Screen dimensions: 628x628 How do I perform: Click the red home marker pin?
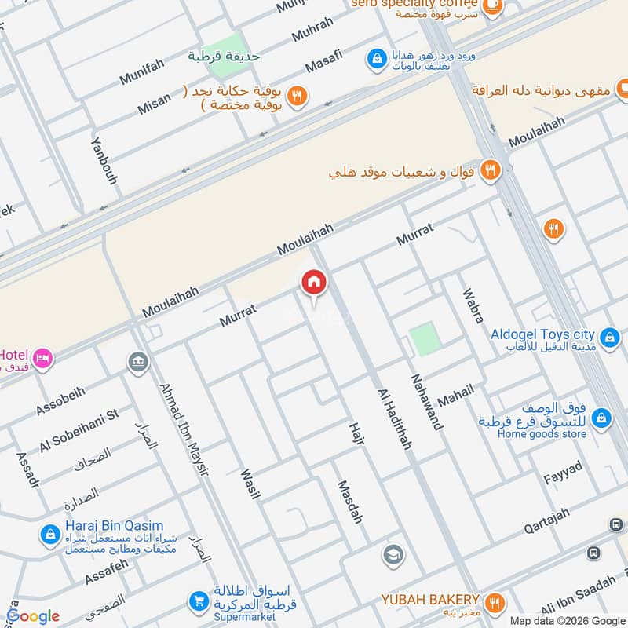314,283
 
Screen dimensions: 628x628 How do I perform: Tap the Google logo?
33,616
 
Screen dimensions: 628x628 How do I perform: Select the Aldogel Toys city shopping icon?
607,335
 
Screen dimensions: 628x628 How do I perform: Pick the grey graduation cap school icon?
393,556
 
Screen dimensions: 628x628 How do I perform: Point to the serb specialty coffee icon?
492,6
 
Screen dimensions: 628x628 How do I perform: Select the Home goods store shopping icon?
601,418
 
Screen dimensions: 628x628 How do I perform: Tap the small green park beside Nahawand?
422,339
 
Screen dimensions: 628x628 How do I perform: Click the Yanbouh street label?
104,161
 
